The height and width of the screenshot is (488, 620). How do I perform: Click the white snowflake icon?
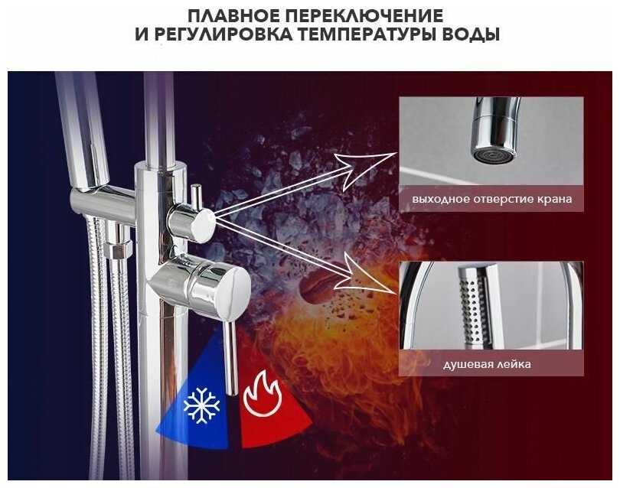click(x=201, y=406)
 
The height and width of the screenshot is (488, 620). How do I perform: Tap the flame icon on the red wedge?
click(x=263, y=395)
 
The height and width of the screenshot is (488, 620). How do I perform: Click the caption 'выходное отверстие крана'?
click(x=491, y=199)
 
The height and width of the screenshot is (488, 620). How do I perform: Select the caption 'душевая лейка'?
click(x=487, y=364)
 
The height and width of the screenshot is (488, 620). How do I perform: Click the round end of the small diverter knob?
click(x=202, y=226)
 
